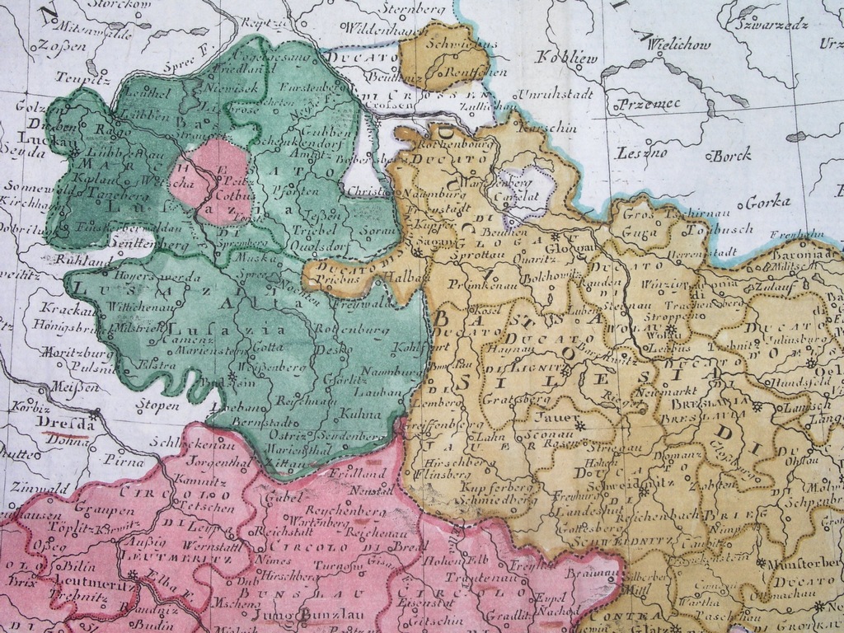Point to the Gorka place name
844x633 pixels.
[x=767, y=201]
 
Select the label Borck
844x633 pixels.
[x=731, y=154]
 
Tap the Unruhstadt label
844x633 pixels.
[x=556, y=93]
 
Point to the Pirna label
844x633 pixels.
[x=124, y=464]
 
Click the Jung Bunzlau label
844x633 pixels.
[x=295, y=615]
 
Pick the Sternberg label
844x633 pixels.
[x=414, y=8]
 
